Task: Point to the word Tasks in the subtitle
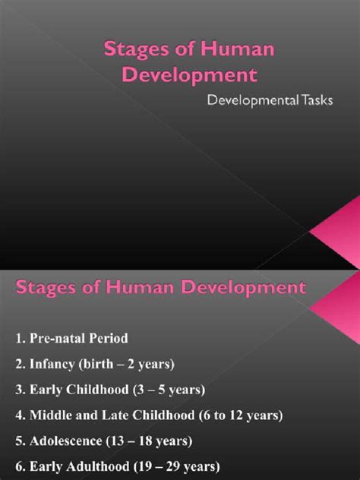point(316,103)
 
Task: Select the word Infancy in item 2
point(53,365)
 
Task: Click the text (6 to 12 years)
point(235,415)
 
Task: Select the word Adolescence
point(68,441)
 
